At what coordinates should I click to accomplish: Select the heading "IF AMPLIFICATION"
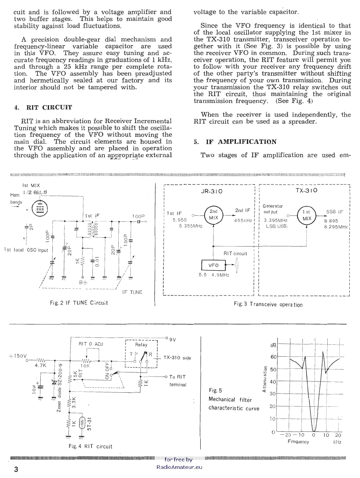[241, 142]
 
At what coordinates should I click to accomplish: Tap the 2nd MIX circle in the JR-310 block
[214, 214]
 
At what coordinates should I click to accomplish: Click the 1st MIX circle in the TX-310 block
[306, 215]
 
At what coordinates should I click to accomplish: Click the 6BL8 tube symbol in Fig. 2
[40, 209]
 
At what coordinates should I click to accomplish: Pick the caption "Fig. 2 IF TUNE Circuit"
[79, 303]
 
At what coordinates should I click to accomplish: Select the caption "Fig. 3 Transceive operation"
[268, 304]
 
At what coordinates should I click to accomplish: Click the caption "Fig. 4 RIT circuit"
[90, 446]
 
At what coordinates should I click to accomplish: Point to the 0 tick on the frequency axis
[313, 435]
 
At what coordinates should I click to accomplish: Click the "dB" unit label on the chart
[273, 345]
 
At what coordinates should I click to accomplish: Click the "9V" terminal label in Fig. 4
[172, 339]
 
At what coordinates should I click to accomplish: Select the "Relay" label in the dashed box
[141, 345]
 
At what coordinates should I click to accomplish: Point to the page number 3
[16, 469]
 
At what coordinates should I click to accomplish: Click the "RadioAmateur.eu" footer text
[179, 467]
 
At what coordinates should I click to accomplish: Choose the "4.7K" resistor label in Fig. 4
[40, 366]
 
